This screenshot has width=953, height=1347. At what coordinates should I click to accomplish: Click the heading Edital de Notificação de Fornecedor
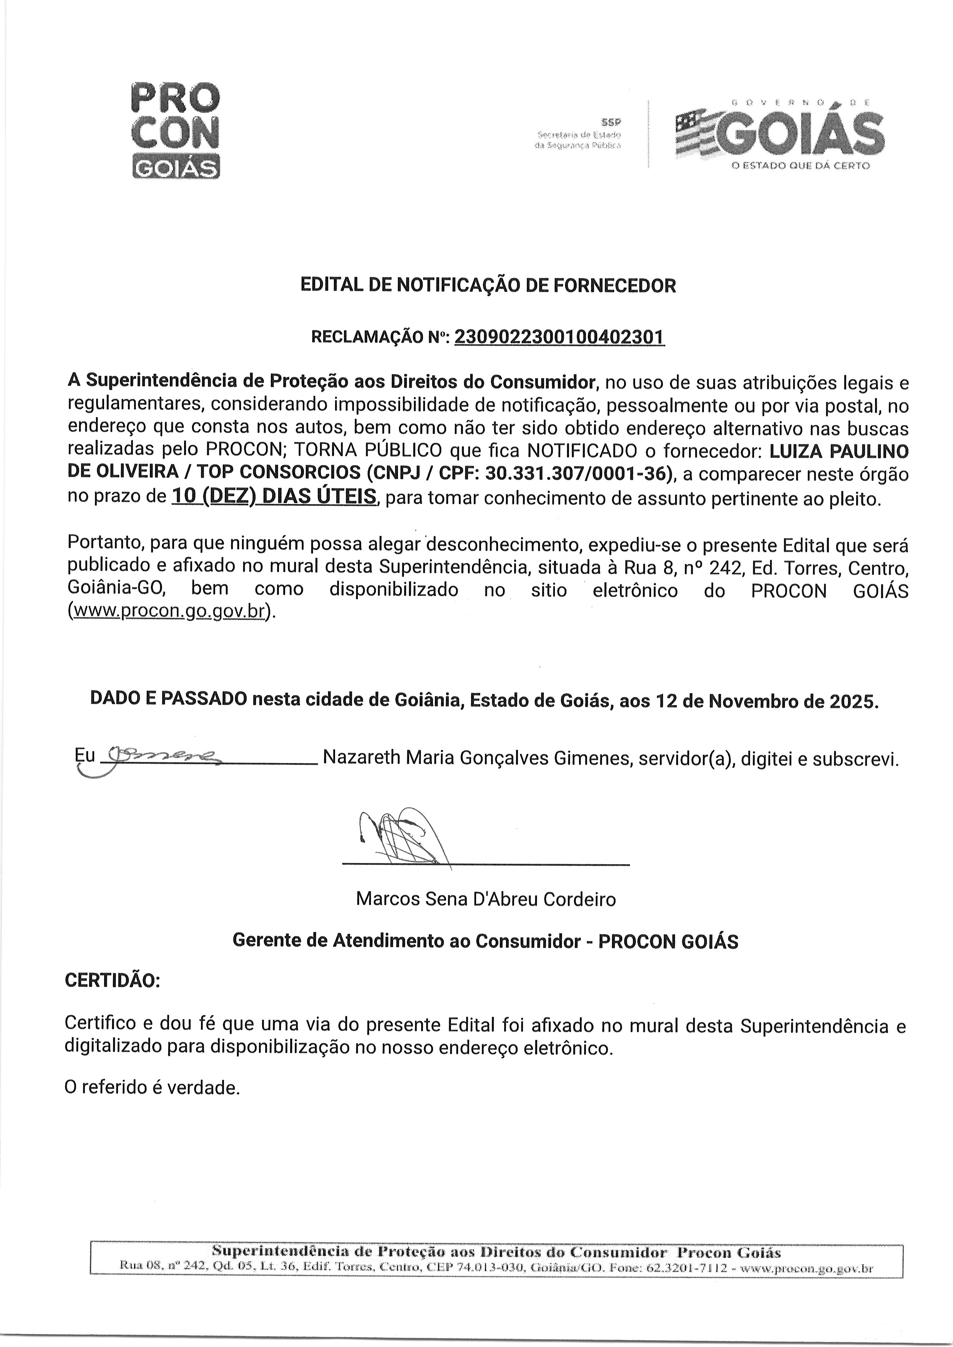point(488,286)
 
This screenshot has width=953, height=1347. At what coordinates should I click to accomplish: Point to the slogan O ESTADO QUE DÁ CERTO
point(800,166)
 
